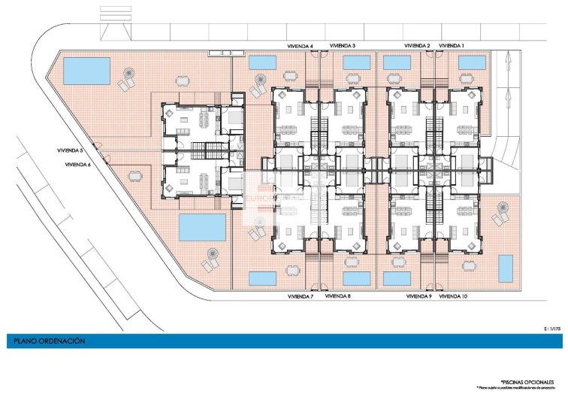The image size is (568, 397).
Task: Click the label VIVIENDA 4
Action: [x=301, y=46]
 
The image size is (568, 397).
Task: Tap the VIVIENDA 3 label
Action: [x=342, y=46]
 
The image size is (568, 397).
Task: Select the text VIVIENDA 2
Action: [x=417, y=46]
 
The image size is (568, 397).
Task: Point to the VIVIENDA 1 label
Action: [x=452, y=46]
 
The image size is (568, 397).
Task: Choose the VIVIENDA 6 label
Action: [x=78, y=164]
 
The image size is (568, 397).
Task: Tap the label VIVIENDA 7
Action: [x=301, y=297]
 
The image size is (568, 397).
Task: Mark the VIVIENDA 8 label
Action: [x=338, y=297]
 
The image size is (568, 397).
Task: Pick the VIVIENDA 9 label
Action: [x=418, y=297]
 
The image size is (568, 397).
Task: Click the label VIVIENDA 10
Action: [x=453, y=297]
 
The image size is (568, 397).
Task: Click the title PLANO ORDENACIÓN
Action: [x=49, y=341]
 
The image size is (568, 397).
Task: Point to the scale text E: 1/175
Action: [x=551, y=329]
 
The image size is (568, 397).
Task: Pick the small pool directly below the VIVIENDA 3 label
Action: [x=357, y=62]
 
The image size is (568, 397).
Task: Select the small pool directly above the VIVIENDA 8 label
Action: [x=357, y=278]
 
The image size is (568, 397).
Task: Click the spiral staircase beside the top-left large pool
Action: [x=127, y=75]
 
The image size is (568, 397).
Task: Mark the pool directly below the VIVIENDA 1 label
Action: [x=472, y=62]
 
